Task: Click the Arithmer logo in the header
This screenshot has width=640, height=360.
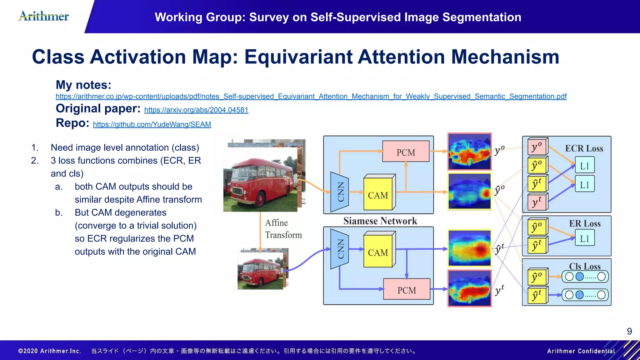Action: pos(44,16)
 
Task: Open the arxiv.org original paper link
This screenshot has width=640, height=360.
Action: pos(196,110)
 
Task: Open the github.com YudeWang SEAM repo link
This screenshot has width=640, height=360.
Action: pos(152,124)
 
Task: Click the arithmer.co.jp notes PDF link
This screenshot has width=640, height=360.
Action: pos(311,96)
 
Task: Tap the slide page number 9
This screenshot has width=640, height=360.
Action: pos(629,331)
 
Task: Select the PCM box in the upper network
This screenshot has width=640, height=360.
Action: pos(406,152)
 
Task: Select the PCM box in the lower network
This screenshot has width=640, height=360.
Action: pos(407,290)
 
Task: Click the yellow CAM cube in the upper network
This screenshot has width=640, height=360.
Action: pos(378,194)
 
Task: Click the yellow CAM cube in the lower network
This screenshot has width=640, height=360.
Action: pos(378,252)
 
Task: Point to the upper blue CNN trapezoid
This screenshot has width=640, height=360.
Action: pos(340,192)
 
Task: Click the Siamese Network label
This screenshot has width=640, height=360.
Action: pos(380,221)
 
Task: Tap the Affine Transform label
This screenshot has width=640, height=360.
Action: pos(283,229)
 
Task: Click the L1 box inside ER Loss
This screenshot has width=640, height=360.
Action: pos(584,239)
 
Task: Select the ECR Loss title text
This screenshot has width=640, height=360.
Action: pos(584,148)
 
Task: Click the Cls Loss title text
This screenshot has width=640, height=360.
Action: pos(584,266)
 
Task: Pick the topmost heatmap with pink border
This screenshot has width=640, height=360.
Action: pos(469,152)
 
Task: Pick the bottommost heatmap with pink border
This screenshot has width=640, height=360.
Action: pos(469,288)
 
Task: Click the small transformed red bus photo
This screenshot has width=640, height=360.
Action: pos(261,270)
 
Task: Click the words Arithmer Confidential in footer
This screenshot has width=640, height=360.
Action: pos(581,351)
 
